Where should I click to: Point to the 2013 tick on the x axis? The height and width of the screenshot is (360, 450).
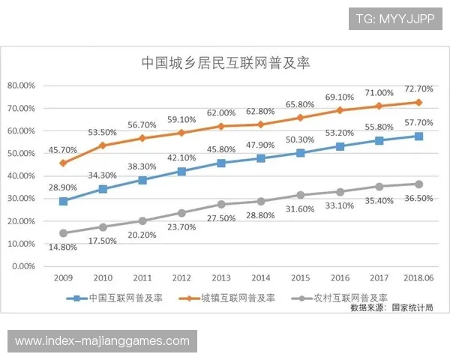221,277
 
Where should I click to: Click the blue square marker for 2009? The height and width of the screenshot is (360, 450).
63,201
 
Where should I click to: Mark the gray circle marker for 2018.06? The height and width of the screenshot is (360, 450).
418,184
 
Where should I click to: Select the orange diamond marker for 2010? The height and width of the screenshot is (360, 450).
103,145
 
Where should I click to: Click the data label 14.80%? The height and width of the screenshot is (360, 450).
64,248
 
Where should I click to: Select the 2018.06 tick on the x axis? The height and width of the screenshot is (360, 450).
418,277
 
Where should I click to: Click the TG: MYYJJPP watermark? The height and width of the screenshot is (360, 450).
394,18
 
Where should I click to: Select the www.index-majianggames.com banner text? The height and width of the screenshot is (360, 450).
102,341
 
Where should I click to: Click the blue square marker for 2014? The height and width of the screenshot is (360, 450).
260,158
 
